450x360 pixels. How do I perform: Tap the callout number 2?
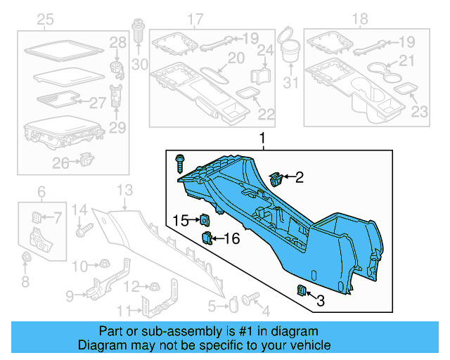click(299, 178)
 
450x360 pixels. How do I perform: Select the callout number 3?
click(321, 302)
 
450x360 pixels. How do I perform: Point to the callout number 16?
click(231, 239)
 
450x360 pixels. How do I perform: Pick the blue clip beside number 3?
click(300, 290)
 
